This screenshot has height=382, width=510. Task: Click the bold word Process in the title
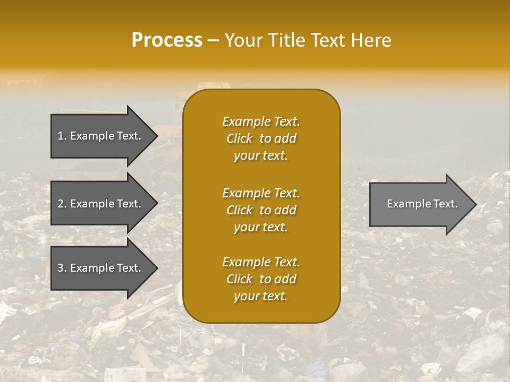click(167, 40)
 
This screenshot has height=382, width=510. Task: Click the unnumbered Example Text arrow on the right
click(420, 204)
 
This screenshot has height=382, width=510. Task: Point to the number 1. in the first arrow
click(62, 136)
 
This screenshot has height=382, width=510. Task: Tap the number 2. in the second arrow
click(62, 204)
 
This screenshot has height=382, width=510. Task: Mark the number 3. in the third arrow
click(62, 268)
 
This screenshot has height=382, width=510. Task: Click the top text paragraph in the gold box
click(261, 138)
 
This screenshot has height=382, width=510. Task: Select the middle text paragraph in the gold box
click(261, 210)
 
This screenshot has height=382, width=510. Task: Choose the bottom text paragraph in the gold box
click(261, 279)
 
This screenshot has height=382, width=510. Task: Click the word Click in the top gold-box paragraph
click(240, 138)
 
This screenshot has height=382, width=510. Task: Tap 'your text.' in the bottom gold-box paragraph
click(261, 297)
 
